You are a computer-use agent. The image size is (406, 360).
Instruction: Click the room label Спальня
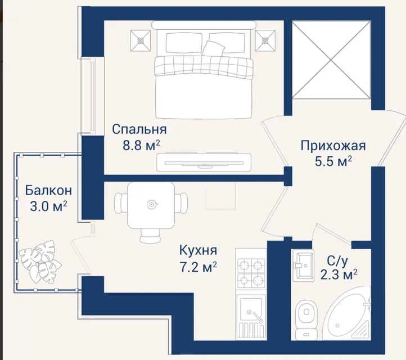pyautogui.click(x=139, y=129)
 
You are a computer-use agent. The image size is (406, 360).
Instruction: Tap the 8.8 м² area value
pyautogui.click(x=141, y=146)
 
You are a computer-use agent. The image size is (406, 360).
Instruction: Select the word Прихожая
pyautogui.click(x=333, y=146)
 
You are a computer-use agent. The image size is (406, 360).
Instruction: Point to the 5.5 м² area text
pyautogui.click(x=333, y=161)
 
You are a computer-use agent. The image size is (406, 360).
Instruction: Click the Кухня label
pyautogui.click(x=198, y=250)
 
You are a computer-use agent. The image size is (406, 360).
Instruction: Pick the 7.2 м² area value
pyautogui.click(x=198, y=267)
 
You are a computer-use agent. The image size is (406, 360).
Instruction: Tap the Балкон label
pyautogui.click(x=48, y=191)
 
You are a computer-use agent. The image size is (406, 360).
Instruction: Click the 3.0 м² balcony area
pyautogui.click(x=48, y=206)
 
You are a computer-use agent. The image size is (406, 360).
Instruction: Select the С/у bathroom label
pyautogui.click(x=337, y=262)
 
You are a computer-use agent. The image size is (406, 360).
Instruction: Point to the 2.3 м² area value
pyautogui.click(x=339, y=275)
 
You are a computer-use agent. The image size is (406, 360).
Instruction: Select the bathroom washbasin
pyautogui.click(x=303, y=265)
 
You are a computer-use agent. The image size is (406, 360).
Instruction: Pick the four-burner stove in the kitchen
pyautogui.click(x=251, y=273)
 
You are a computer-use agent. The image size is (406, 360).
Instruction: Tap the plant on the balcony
pyautogui.click(x=40, y=262)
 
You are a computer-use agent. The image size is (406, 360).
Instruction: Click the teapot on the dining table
pyautogui.click(x=151, y=204)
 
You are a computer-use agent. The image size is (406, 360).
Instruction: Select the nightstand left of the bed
pyautogui.click(x=141, y=40)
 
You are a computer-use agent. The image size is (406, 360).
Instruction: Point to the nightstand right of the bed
pyautogui.click(x=265, y=40)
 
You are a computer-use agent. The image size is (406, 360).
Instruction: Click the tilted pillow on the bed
pyautogui.click(x=213, y=48)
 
